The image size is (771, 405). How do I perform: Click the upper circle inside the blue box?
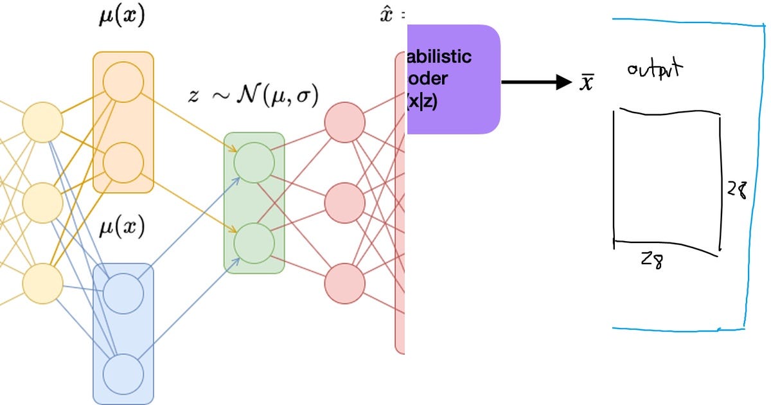point(123,293)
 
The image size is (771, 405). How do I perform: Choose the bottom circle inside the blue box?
point(123,373)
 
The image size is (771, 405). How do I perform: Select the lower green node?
point(254,242)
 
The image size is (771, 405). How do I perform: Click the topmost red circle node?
point(345,123)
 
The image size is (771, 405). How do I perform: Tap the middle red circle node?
point(345,203)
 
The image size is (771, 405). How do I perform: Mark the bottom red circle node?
point(345,282)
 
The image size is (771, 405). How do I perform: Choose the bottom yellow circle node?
point(43,282)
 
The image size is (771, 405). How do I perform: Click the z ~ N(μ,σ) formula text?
point(253,95)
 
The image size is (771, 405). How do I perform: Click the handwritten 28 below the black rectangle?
point(651,260)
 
